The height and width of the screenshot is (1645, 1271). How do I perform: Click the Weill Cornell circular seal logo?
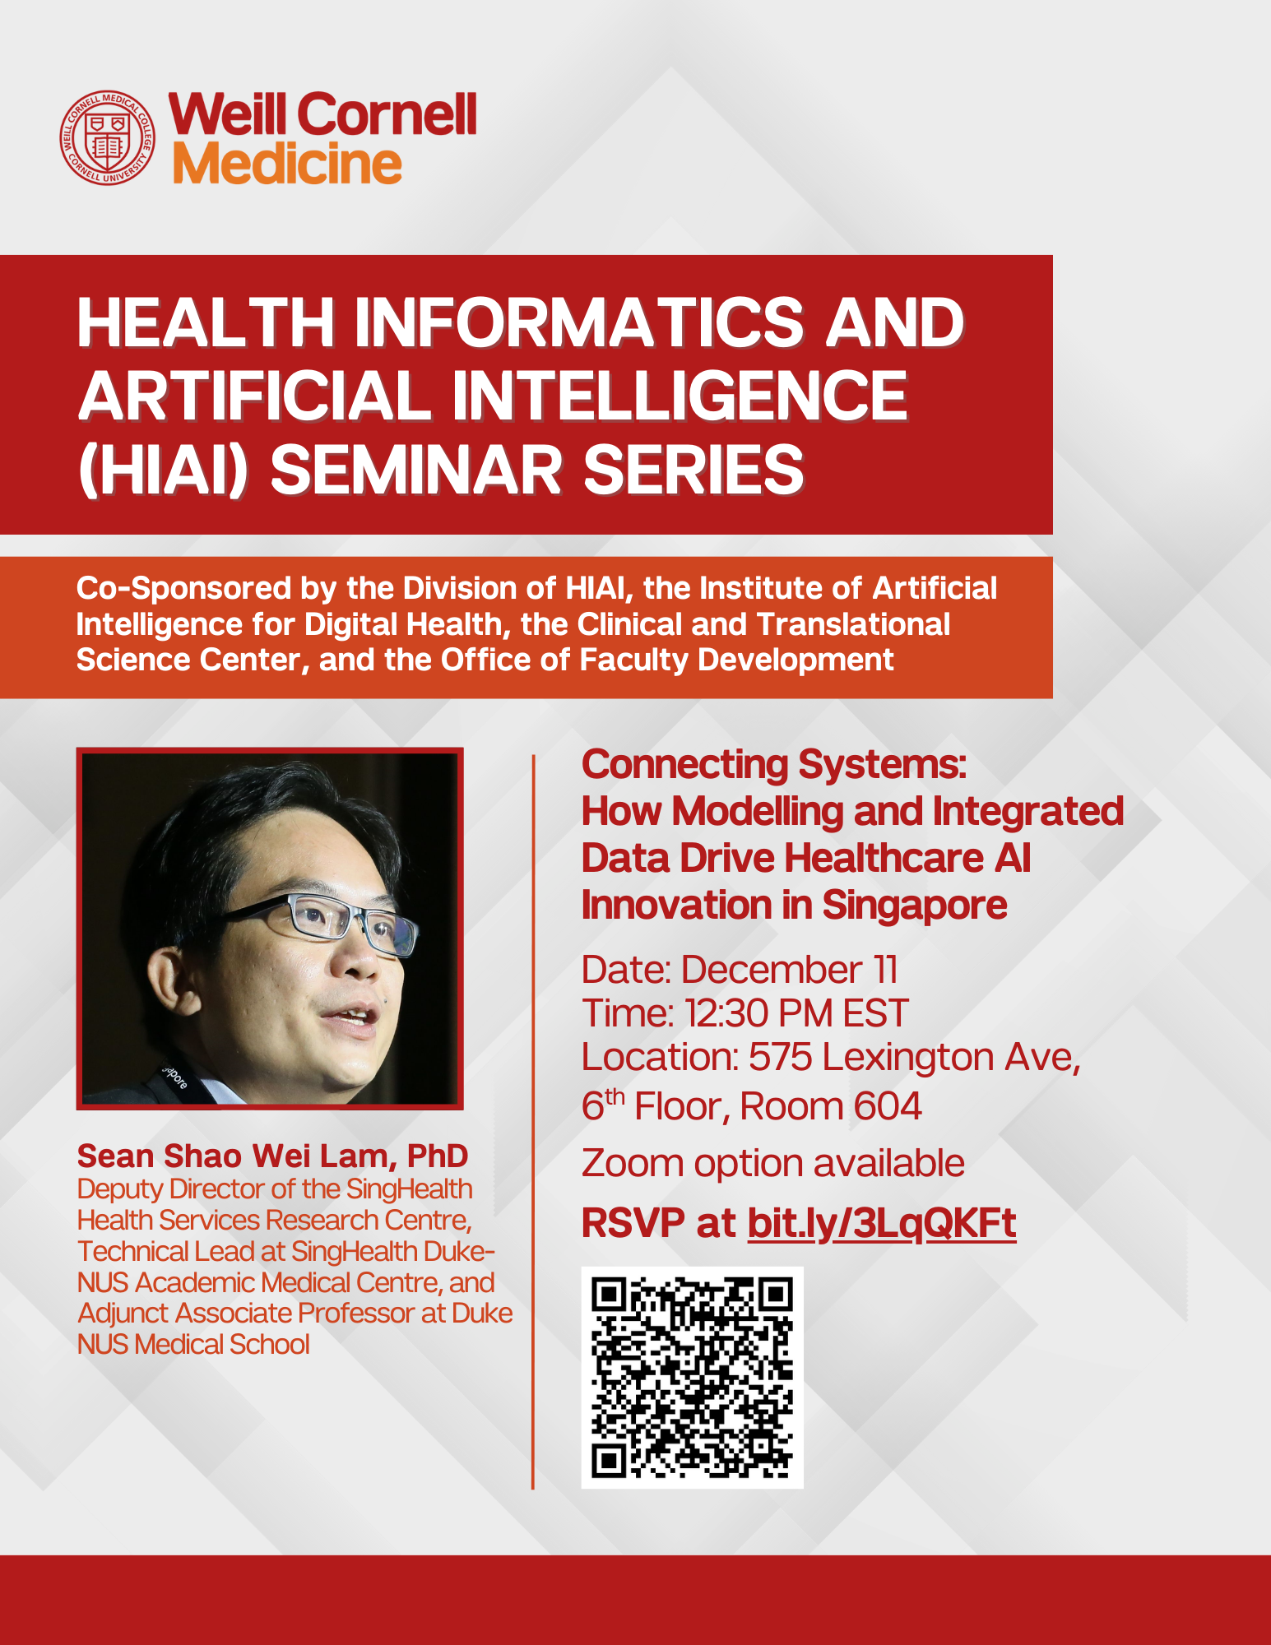(107, 137)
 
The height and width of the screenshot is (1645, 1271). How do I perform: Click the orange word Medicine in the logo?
(286, 164)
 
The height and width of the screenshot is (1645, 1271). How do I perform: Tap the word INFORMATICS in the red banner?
(578, 322)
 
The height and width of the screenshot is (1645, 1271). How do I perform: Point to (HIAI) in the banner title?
(162, 470)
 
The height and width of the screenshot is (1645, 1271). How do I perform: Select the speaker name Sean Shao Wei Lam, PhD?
(272, 1156)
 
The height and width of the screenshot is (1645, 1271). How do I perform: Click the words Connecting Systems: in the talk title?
(773, 764)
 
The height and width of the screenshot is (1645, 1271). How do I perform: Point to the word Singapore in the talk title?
(914, 905)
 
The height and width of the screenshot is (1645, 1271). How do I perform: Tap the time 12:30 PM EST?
(796, 1013)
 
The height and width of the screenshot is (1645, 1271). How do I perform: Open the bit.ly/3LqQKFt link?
(881, 1223)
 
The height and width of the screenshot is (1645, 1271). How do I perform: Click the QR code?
(692, 1377)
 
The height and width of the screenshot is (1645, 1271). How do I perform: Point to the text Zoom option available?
(772, 1163)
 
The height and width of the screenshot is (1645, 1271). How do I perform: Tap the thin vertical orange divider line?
(533, 1119)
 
